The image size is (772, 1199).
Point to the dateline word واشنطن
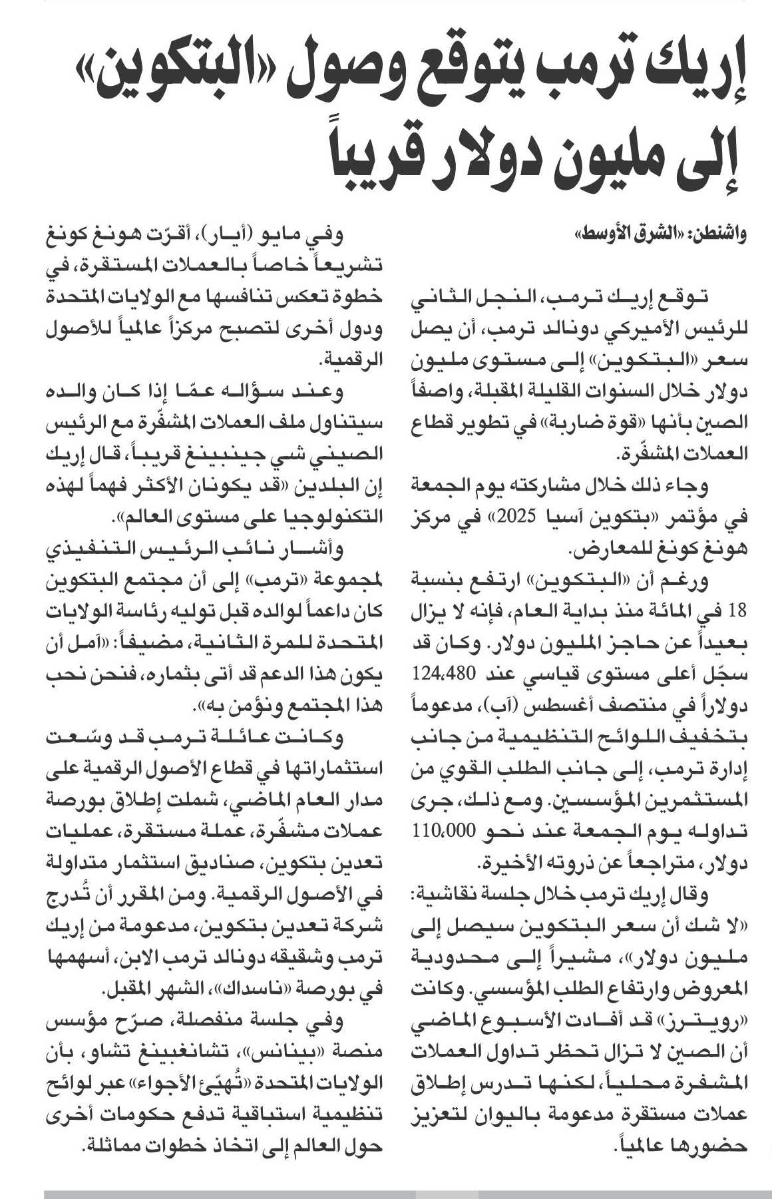pyautogui.click(x=721, y=234)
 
